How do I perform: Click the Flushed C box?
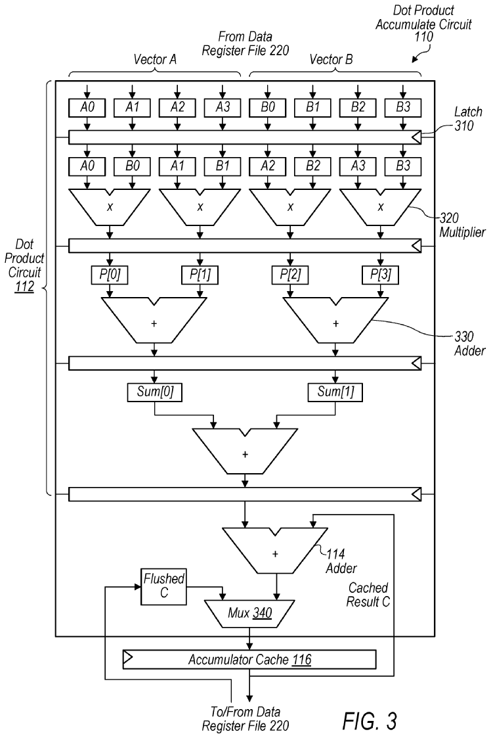coord(163,584)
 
